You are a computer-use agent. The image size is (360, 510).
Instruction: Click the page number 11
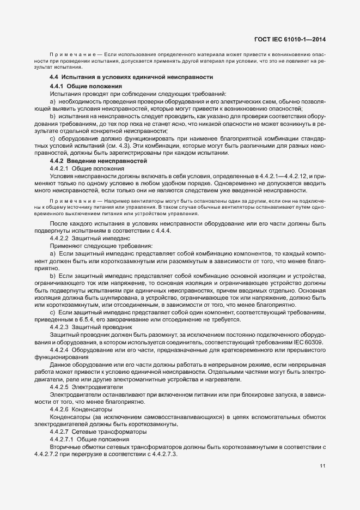[322, 466]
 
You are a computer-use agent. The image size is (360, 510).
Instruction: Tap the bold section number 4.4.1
[57, 87]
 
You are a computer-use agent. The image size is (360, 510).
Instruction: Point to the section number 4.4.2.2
[59, 239]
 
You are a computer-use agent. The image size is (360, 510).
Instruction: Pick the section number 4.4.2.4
[59, 349]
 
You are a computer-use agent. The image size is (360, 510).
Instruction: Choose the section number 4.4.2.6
[59, 408]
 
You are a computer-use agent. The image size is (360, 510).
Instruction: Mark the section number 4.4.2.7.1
[62, 438]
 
